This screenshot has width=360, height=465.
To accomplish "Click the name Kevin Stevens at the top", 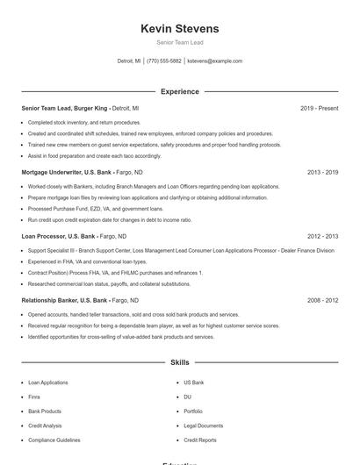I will pos(179,29).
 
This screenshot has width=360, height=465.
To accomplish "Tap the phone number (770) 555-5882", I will pos(164,61).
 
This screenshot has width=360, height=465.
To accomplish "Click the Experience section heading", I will pos(179,91).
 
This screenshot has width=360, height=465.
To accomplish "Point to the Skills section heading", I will pos(179,362).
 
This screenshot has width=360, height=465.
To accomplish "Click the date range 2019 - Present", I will pos(319,108).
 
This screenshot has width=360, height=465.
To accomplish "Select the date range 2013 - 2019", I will pos(322,172).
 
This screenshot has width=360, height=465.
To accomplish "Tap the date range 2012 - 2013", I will pos(322,236).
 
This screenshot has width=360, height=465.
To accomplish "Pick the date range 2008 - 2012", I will pos(322,300).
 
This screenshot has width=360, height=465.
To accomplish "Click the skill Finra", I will pos(33,397).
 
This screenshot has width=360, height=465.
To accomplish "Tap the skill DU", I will pos(187,397).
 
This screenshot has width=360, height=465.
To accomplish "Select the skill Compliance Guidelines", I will pos(54,440).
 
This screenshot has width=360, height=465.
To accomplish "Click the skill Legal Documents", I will pos(203,426).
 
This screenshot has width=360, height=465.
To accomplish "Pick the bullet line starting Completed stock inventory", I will pos(83,123).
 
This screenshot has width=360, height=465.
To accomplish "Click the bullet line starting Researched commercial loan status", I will pos(108,284).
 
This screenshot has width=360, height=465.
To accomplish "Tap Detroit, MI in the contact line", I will pos(129,61).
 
